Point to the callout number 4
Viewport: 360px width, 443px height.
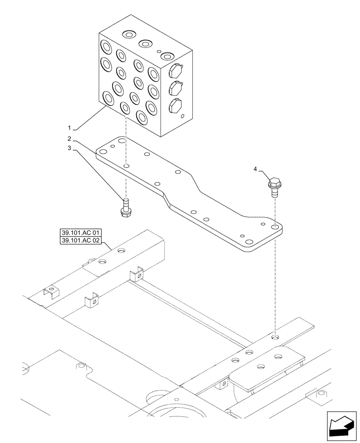point(255,169)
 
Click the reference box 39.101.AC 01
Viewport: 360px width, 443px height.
point(81,233)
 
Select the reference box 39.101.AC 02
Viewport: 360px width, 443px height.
point(81,241)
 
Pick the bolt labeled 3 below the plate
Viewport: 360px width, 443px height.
point(125,208)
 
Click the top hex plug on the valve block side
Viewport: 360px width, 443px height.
point(176,70)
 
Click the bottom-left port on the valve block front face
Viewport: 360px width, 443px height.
point(107,97)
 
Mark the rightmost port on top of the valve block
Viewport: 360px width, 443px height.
point(166,56)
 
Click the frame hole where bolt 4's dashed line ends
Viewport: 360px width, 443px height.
point(275,338)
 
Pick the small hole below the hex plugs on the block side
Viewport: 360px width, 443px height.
point(183,117)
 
